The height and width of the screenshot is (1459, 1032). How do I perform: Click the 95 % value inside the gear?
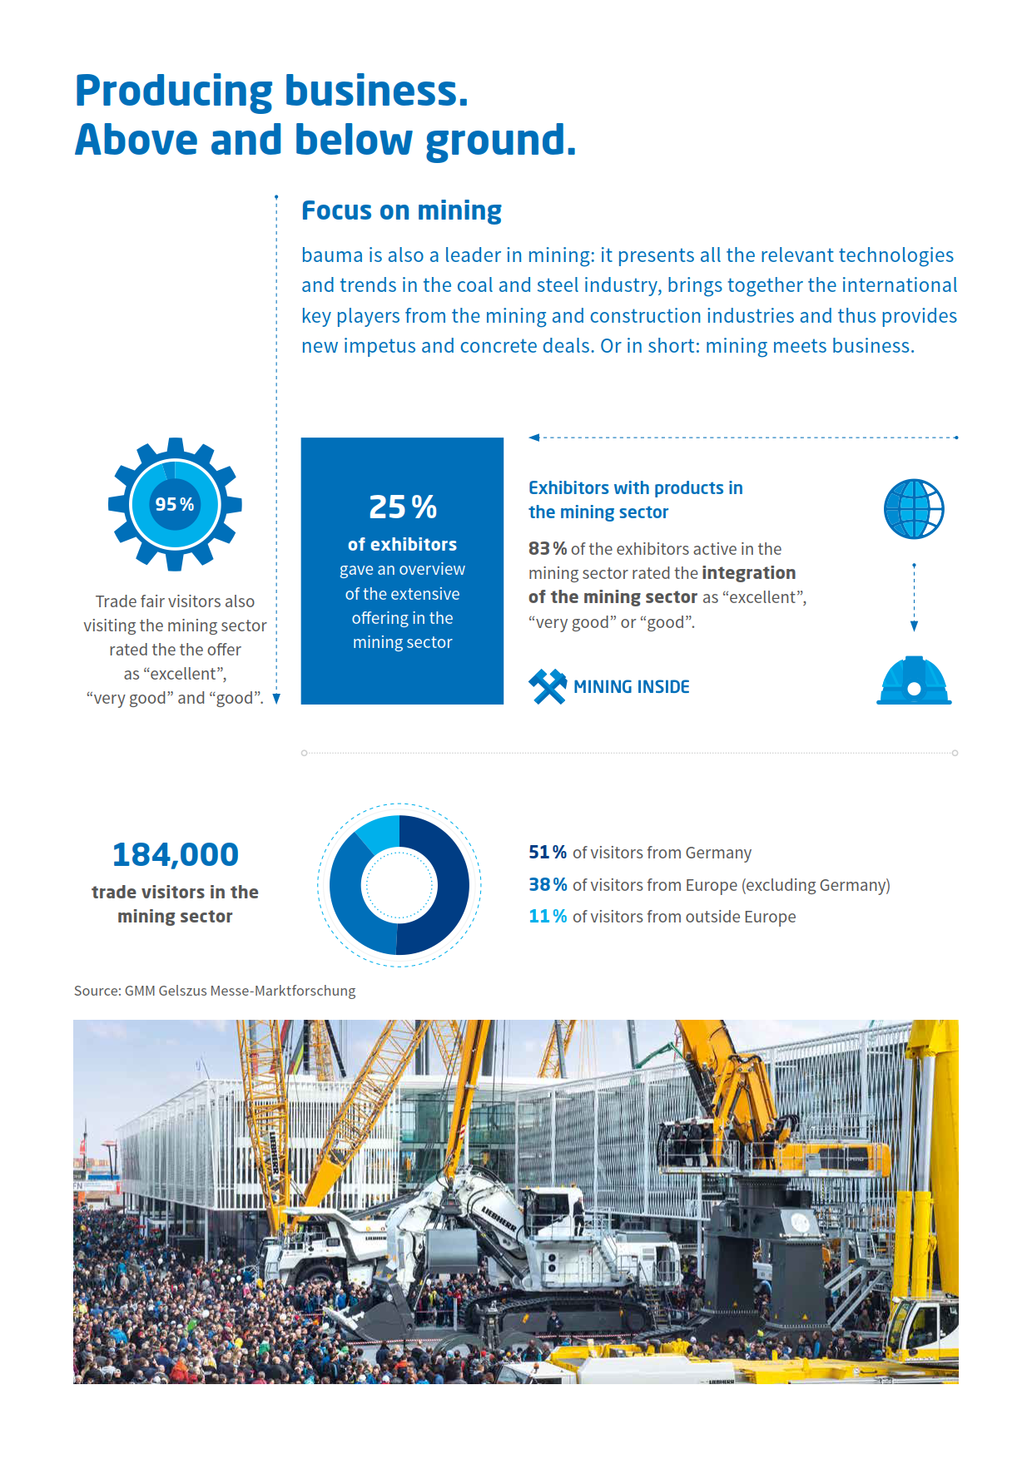click(x=175, y=504)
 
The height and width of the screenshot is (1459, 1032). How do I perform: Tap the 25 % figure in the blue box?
click(x=403, y=507)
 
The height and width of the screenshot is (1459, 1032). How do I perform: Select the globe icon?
click(x=914, y=508)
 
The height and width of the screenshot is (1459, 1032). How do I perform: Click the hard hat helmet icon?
click(x=914, y=682)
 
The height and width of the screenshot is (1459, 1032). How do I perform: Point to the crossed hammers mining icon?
click(x=548, y=686)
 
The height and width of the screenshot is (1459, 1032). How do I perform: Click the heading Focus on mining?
click(x=401, y=210)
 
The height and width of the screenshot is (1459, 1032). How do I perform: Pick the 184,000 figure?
click(x=176, y=854)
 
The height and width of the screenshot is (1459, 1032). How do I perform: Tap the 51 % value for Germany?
click(x=547, y=853)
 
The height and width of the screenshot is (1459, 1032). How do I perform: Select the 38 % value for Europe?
click(x=548, y=884)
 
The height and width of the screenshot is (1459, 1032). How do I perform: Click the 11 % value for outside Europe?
click(x=548, y=916)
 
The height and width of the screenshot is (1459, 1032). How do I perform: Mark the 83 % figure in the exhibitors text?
click(x=547, y=549)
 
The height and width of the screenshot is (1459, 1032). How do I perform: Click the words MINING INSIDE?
click(x=631, y=687)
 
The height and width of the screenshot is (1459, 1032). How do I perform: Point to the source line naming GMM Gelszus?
click(x=215, y=991)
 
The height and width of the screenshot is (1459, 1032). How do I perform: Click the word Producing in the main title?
click(x=173, y=91)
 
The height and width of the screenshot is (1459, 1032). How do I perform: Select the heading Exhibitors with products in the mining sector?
click(x=635, y=500)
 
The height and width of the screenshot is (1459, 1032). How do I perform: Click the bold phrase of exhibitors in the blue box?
click(x=403, y=545)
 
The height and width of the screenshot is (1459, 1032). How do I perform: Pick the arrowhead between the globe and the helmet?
click(x=914, y=626)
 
